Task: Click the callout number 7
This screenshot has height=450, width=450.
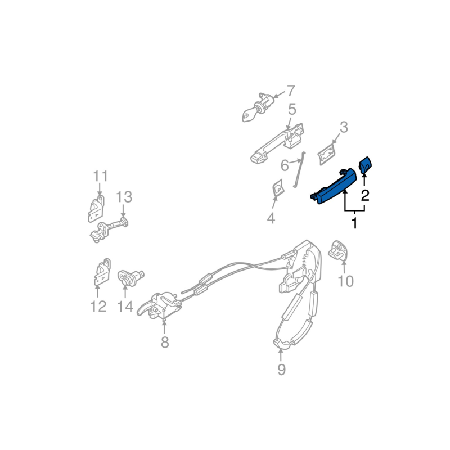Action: (290, 90)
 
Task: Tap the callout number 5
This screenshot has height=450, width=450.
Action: (292, 109)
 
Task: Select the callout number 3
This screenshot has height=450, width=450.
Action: (344, 127)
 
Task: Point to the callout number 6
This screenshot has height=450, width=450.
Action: (285, 165)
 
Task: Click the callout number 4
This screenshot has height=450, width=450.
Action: (271, 218)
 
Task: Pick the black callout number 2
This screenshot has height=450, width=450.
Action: (365, 195)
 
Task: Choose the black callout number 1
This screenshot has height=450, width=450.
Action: (354, 223)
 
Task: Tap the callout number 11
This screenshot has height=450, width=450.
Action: (100, 175)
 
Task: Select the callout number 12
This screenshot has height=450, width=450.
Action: (98, 307)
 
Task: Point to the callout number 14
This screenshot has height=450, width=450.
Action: (125, 307)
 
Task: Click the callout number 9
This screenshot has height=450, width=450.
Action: (281, 370)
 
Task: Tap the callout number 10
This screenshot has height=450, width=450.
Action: (345, 281)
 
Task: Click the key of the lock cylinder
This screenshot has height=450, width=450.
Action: (248, 116)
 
